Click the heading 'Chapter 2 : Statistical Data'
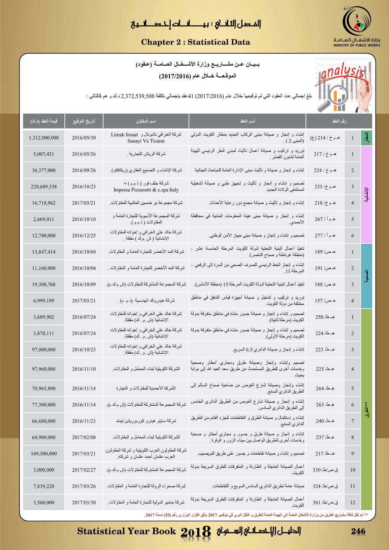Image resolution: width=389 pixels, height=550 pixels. [x=196, y=42]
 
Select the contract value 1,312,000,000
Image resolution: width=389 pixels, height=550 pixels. [x=44, y=138]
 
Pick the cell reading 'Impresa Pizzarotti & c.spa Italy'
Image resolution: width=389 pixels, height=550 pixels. [x=146, y=190]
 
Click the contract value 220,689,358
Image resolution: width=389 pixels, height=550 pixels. [x=44, y=187]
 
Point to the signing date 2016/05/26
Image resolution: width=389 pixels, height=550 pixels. [x=84, y=154]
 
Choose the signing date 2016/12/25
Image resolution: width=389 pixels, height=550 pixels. [x=84, y=236]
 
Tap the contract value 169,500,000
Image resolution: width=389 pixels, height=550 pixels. [x=44, y=454]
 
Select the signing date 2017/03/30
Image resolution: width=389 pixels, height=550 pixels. [x=84, y=503]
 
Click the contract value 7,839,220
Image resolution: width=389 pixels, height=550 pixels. [x=44, y=486]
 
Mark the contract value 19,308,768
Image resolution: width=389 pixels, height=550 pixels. [x=44, y=285]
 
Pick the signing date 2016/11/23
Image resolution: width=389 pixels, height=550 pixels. [x=84, y=421]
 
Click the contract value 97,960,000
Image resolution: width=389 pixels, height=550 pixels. [x=44, y=369]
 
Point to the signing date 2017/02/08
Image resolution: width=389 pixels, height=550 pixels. [x=84, y=437]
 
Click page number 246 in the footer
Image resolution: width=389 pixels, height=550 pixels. [x=358, y=531]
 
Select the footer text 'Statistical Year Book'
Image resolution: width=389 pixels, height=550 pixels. [x=126, y=531]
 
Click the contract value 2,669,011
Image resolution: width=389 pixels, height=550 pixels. [x=44, y=219]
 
